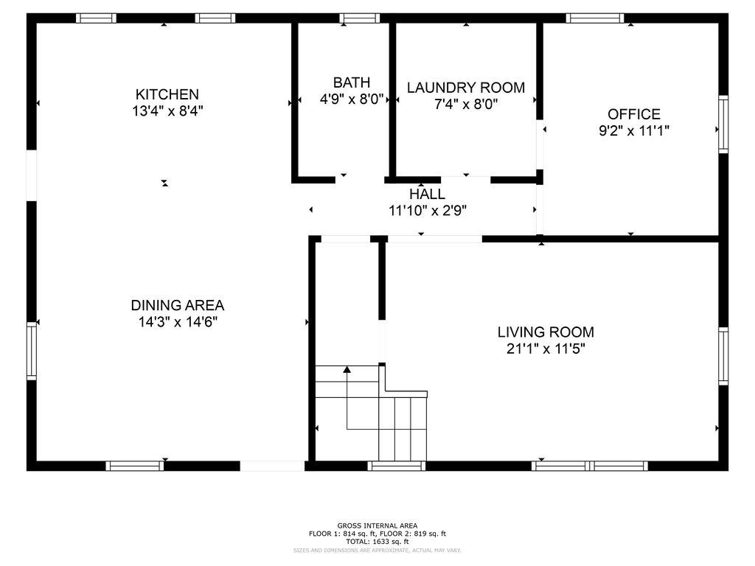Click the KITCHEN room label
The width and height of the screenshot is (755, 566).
point(167,94)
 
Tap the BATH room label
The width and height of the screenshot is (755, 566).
point(352,83)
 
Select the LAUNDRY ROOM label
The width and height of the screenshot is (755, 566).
point(466,88)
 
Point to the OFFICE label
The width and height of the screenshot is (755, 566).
point(634,114)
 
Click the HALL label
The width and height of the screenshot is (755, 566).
point(428,194)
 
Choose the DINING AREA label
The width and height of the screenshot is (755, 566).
point(177,305)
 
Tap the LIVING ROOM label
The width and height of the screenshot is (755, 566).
point(546,332)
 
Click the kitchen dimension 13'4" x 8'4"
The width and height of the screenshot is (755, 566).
point(167,111)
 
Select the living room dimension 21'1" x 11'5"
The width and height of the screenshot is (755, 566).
point(546,349)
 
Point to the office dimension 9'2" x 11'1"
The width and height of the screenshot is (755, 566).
point(634,131)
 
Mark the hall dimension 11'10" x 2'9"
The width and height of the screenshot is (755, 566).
point(428,210)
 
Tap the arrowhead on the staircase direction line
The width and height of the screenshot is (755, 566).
point(347,369)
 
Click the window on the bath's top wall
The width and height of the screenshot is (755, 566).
point(360,18)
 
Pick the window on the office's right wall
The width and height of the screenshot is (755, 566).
point(723,125)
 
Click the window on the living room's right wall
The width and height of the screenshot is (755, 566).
point(723,356)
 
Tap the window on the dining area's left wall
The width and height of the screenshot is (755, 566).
point(32,350)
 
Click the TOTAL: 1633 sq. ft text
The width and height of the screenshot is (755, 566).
point(377,541)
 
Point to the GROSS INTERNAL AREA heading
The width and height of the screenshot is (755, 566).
point(377,525)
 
